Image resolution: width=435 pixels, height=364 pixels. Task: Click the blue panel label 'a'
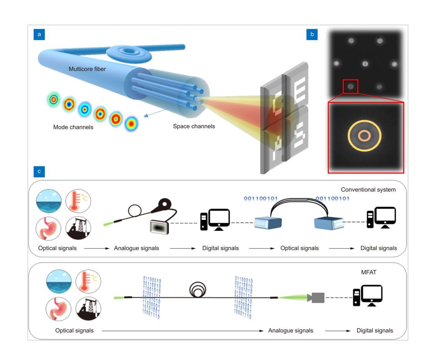39,35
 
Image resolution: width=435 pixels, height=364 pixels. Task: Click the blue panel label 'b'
312,35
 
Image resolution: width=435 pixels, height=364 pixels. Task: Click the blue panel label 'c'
39,171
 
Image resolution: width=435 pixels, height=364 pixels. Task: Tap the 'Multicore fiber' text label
87,69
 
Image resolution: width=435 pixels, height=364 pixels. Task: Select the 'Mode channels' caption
73,127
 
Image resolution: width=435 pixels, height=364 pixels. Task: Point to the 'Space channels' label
194,126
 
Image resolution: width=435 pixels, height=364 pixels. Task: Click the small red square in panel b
351,86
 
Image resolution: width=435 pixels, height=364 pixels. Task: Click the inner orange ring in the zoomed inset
364,136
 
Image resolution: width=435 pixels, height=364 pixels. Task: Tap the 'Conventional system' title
368,190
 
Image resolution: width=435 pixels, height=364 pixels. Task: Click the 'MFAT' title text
369,272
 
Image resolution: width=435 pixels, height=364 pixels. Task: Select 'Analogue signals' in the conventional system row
136,248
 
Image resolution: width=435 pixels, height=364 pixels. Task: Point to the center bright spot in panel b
365,64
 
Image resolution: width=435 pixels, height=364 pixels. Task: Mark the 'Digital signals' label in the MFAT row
375,330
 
